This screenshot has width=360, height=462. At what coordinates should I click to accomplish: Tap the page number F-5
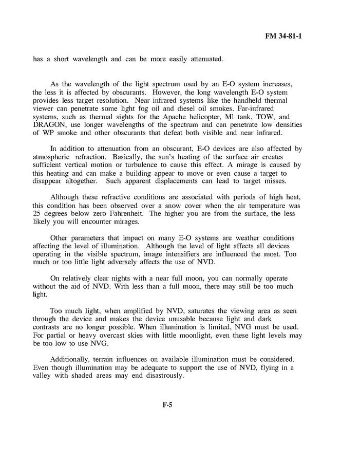pyautogui.click(x=167, y=405)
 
